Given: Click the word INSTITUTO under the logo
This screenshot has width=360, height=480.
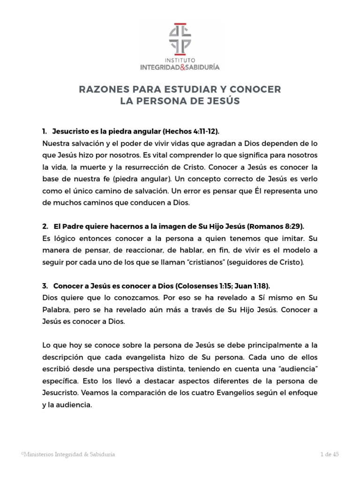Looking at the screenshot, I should (180, 60).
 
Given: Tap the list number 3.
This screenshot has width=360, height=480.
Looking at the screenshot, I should (45, 285).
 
